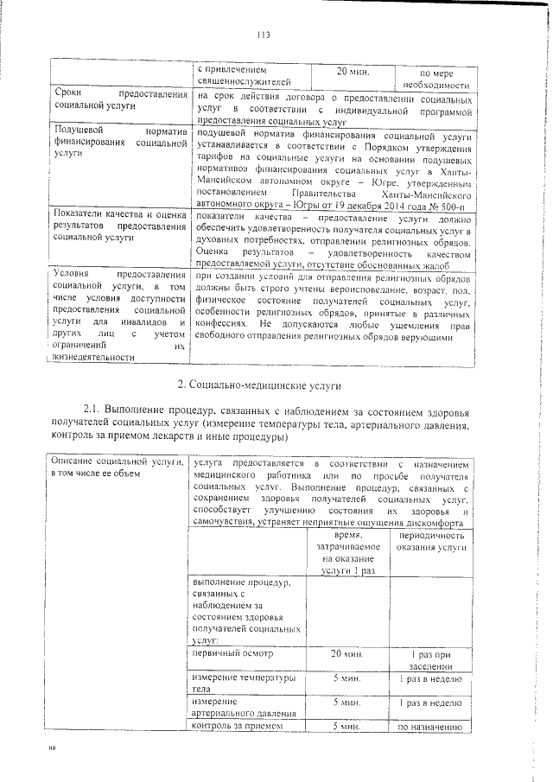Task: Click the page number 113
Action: tap(264, 35)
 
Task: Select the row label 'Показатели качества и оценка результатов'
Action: tap(119, 224)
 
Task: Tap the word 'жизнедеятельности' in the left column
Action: tap(94, 357)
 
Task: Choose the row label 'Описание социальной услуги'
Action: tap(119, 469)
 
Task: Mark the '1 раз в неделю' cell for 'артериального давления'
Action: tap(431, 703)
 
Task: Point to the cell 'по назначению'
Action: tap(431, 728)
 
